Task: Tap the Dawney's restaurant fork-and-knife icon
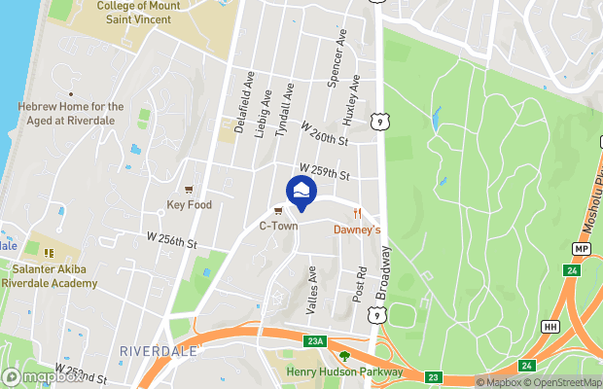point(358,214)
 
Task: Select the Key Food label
point(189,205)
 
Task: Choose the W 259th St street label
point(324,171)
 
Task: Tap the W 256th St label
point(172,238)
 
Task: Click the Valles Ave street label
point(312,290)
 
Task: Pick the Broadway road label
point(387,271)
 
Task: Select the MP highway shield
point(582,249)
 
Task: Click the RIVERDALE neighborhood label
point(160,350)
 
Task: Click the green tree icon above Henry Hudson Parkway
point(343,357)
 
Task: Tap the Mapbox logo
point(43,376)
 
